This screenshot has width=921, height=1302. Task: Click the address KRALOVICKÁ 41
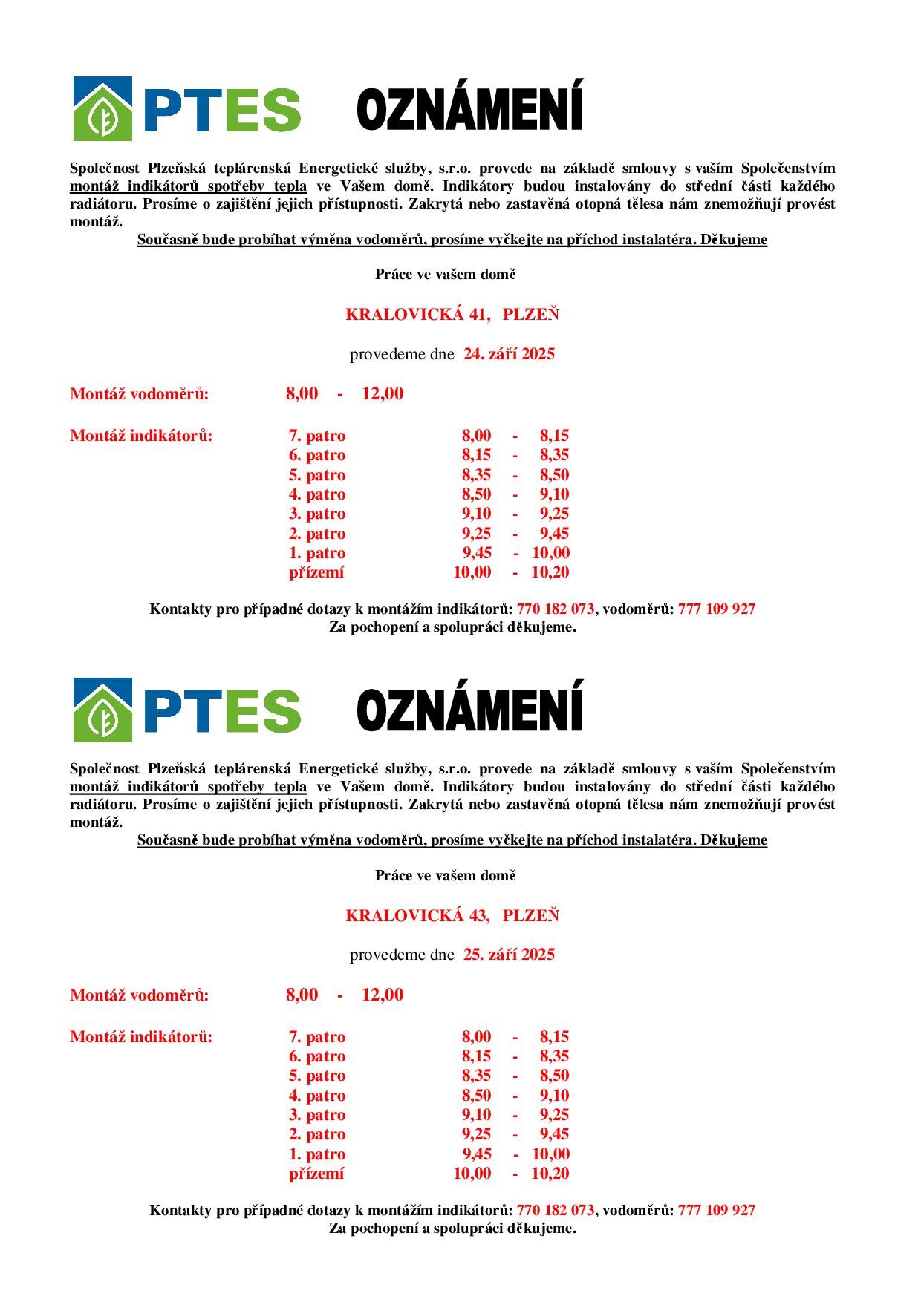[417, 315]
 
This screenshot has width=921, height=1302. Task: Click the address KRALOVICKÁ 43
[417, 916]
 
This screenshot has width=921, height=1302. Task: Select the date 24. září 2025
[509, 354]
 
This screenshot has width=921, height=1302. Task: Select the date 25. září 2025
[509, 955]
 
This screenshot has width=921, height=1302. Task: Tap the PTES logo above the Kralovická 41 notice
[186, 109]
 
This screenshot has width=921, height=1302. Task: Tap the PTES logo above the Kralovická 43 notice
[186, 710]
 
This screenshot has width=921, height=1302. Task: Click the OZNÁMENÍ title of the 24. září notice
[469, 107]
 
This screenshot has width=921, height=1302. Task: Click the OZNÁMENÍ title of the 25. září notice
[469, 708]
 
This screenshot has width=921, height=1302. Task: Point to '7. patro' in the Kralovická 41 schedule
[317, 436]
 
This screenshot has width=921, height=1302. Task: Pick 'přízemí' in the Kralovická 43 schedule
[316, 1174]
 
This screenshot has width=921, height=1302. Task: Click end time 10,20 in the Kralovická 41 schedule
[550, 572]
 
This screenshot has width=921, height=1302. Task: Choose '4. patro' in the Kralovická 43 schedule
[317, 1096]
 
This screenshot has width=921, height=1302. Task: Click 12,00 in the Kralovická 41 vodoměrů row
[383, 394]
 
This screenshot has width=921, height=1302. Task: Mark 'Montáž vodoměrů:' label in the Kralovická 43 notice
[140, 995]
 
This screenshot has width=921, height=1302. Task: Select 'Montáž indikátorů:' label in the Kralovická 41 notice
[141, 436]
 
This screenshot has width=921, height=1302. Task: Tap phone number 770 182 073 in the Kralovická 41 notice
[555, 609]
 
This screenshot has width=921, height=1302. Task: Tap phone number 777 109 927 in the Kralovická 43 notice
[716, 1211]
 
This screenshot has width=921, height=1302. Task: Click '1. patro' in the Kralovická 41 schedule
[317, 553]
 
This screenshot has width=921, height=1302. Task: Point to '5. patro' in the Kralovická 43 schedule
[317, 1076]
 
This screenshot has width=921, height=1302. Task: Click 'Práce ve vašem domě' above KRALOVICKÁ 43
[445, 876]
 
